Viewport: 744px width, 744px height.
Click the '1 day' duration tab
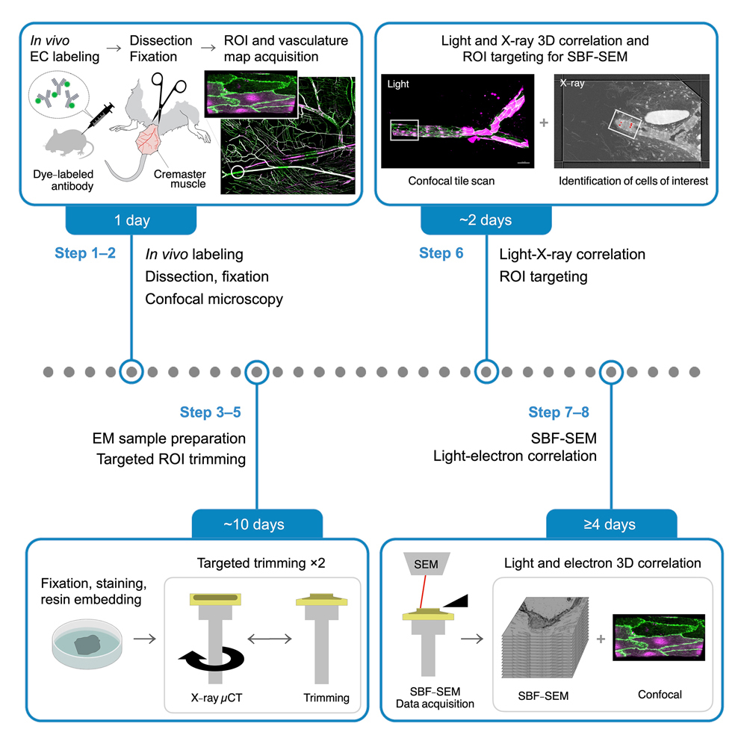tap(131, 221)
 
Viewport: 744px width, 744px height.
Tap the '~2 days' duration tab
tap(486, 221)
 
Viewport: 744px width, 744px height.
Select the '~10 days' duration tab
tap(258, 524)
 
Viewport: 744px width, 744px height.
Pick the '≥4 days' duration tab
tap(612, 524)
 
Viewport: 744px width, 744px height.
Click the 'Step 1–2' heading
tap(85, 254)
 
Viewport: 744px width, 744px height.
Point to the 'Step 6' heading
tap(441, 254)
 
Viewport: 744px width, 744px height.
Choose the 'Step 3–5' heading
tap(210, 412)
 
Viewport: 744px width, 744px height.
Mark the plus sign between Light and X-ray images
tap(543, 122)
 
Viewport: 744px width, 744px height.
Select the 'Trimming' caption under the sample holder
tap(326, 698)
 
